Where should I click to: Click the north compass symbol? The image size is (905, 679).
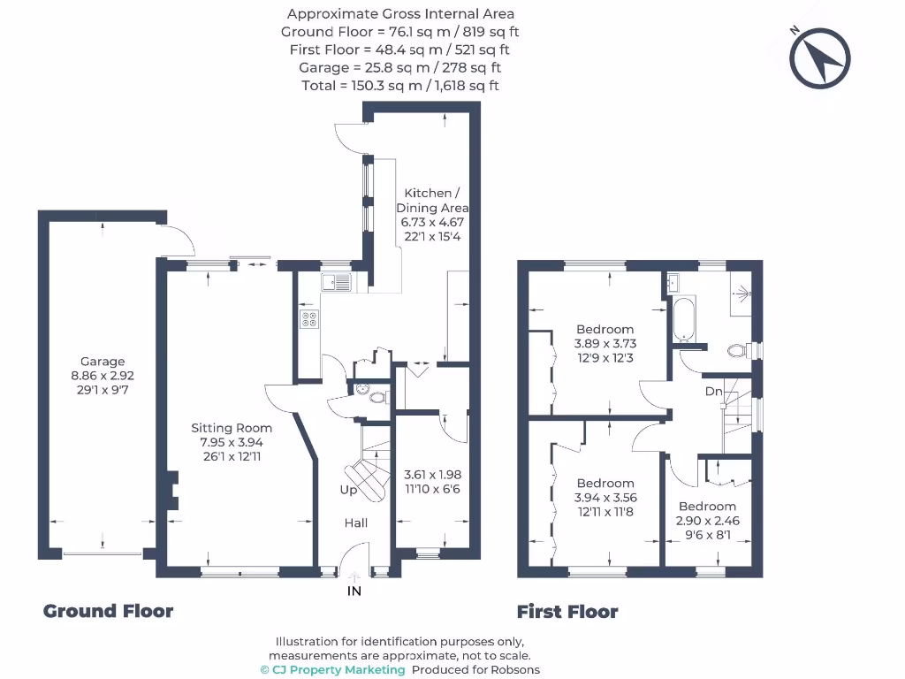(819, 57)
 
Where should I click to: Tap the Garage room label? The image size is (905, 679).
(103, 362)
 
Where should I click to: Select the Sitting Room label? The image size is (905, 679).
(232, 428)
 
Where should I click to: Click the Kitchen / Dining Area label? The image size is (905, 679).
(432, 201)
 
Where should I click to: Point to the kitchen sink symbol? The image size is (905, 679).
(336, 282)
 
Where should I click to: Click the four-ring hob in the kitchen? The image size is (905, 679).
(308, 319)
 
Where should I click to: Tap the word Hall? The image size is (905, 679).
(355, 523)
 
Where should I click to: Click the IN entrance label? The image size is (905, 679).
(354, 591)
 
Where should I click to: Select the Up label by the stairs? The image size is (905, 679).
(348, 490)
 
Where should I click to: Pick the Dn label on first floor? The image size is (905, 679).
(713, 392)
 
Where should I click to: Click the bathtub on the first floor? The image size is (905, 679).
(684, 319)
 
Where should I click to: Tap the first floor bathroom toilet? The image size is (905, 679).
(741, 350)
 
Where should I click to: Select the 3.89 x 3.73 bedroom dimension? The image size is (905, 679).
(605, 344)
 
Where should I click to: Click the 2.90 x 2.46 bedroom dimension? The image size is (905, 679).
(708, 521)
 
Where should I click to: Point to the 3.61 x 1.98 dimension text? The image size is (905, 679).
(432, 475)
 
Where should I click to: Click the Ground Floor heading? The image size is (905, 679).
(108, 611)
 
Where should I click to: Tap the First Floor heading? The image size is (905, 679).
(567, 612)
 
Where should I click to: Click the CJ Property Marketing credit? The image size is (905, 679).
(333, 670)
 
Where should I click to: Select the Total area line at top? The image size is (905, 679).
(400, 86)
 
